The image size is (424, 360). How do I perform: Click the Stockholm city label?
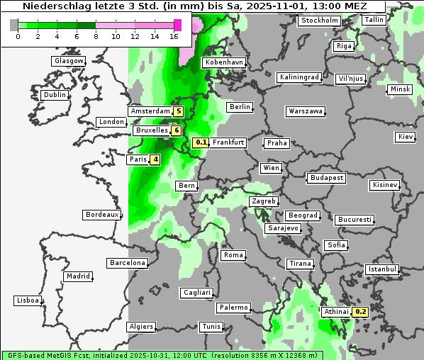[x=319, y=20]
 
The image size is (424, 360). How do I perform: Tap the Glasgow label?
[x=69, y=61]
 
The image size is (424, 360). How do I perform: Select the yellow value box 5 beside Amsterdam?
[x=179, y=111]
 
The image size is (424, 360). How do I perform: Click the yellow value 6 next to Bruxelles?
[x=175, y=130]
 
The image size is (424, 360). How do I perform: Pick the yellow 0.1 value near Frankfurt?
[x=201, y=142]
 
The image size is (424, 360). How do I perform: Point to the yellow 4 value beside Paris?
[x=155, y=159]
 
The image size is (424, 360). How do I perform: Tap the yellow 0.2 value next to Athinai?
[x=360, y=312]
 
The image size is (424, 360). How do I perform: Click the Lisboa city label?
[x=27, y=300]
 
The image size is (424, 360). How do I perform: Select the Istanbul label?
[x=381, y=269]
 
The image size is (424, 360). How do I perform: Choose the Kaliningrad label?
[x=299, y=77]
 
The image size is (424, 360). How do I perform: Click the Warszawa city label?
[x=306, y=111]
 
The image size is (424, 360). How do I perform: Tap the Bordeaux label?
[x=102, y=214]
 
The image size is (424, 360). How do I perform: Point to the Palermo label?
[x=233, y=308]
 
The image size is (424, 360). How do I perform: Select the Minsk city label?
[x=399, y=89]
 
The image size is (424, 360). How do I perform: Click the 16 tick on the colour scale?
[x=174, y=35]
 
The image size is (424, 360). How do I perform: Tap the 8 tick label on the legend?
[x=96, y=35]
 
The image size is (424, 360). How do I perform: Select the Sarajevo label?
[x=283, y=228]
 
